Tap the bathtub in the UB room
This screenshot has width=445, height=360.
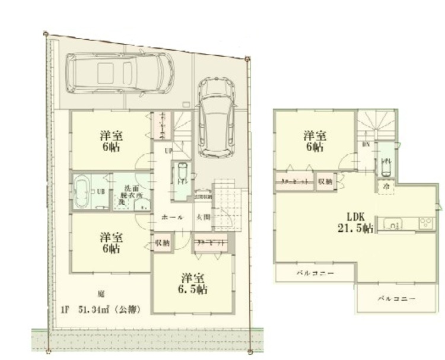click(x=82, y=191)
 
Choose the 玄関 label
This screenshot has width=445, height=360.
click(x=202, y=217)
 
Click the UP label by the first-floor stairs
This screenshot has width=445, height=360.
click(x=168, y=150)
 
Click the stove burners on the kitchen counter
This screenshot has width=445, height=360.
click(x=425, y=224)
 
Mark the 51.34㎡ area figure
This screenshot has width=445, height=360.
click(x=97, y=309)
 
